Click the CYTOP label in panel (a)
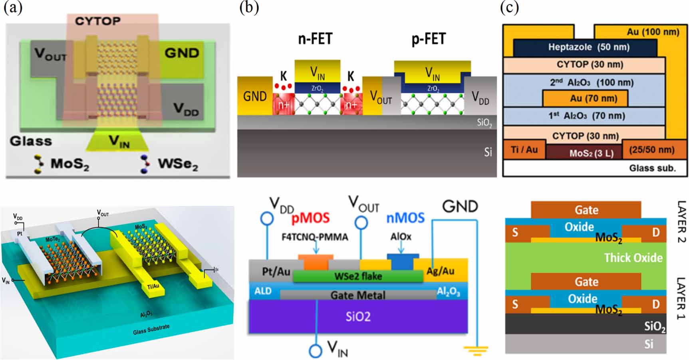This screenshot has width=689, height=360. click(x=98, y=21)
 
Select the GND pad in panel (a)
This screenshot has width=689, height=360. click(x=182, y=53)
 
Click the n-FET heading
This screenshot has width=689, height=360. click(x=315, y=39)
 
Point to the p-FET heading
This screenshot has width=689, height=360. click(x=429, y=39)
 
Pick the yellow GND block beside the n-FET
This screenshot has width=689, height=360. click(x=254, y=96)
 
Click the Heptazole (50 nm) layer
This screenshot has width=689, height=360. click(x=585, y=48)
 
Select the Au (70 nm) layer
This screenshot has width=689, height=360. click(x=585, y=98)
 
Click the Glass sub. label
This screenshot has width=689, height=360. click(x=652, y=168)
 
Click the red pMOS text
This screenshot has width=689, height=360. click(x=310, y=218)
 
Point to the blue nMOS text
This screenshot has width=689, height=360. click(x=405, y=218)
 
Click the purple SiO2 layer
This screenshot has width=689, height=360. click(x=358, y=316)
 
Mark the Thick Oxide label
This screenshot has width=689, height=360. click(x=633, y=258)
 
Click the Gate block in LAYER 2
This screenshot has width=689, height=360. click(x=586, y=210)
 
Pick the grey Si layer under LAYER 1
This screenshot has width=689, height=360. click(x=586, y=344)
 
